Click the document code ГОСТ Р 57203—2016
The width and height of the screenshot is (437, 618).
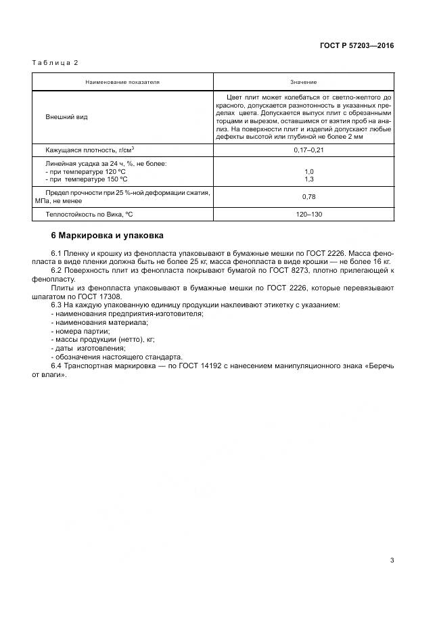coord(356,46)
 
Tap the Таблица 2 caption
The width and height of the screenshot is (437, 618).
coord(55,62)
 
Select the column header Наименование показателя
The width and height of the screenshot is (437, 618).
coord(122,82)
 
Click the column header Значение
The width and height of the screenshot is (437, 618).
coord(304,82)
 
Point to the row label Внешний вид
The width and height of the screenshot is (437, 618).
coord(66,116)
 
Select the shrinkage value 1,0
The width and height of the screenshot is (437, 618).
coord(309,171)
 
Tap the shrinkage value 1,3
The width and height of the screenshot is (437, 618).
coord(309,179)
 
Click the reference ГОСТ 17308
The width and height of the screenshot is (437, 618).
coord(99,296)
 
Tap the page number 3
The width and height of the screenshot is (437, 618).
coord(392,560)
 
